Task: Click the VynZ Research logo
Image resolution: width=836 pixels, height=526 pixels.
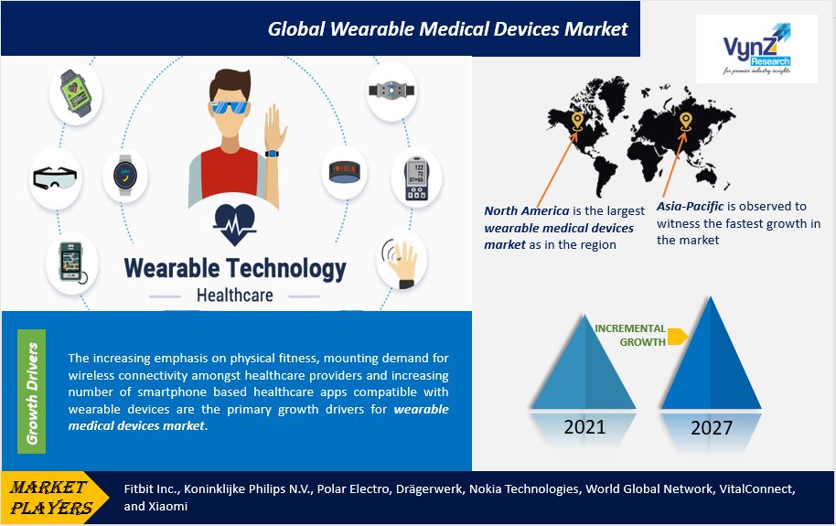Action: [x=756, y=48]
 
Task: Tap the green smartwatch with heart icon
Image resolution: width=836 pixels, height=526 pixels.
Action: [x=75, y=92]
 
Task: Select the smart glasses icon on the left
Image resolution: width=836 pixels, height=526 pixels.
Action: [x=55, y=177]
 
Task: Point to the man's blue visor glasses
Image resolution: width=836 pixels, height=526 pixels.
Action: [x=230, y=107]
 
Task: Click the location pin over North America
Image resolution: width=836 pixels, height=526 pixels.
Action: [x=577, y=121]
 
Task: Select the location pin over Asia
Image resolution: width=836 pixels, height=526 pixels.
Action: [x=686, y=122]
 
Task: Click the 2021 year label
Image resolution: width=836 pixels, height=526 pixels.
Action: [x=584, y=427]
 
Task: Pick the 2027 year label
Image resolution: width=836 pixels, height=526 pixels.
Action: [x=712, y=428]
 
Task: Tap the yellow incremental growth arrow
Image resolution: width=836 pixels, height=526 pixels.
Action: [x=677, y=336]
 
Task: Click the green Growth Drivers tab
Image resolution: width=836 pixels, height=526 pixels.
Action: [x=31, y=392]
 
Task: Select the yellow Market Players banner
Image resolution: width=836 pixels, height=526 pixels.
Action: [x=53, y=498]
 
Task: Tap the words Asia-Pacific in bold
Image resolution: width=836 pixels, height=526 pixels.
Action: [x=690, y=207]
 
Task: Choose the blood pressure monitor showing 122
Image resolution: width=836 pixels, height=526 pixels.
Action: [x=416, y=178]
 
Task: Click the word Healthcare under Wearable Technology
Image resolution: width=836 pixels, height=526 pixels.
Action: [x=234, y=295]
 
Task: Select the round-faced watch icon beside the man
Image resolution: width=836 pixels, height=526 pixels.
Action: [x=125, y=175]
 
